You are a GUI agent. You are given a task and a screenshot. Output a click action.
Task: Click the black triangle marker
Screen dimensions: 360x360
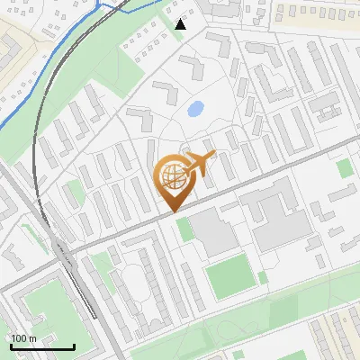coord(181,24)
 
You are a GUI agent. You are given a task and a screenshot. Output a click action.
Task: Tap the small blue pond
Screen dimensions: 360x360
coord(194,110)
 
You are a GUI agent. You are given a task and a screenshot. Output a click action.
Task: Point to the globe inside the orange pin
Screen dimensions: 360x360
coord(171,176)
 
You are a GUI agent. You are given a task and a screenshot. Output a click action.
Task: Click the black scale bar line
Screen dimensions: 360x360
coord(42,347)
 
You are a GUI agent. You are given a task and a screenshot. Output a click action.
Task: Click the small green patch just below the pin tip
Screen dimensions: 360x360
coord(184,229)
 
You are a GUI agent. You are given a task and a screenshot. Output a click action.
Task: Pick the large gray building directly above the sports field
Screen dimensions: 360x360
coord(213,232)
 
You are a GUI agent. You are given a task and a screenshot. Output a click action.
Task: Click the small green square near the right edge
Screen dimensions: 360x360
coord(344,167)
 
